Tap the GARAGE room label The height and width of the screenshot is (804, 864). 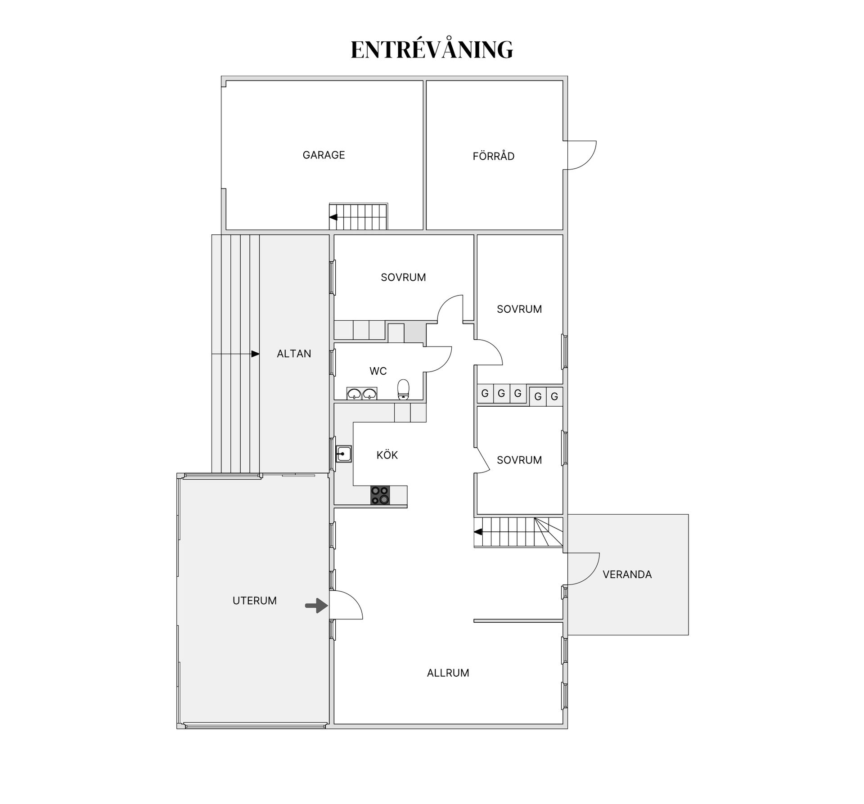324,155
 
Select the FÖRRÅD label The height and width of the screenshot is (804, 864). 493,156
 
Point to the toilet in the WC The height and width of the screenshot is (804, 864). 403,389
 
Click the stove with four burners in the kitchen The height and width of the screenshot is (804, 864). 380,495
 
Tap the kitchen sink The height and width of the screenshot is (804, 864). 344,454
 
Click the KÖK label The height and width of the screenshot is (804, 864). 387,455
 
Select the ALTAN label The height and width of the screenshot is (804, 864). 294,354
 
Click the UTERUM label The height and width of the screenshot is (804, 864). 255,601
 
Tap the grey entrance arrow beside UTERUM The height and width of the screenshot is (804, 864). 316,606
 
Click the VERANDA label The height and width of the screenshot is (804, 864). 627,575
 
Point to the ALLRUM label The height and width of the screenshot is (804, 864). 448,673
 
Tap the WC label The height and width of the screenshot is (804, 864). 378,371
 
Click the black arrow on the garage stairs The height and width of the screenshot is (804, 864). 333,217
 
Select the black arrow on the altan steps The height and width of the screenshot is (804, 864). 255,354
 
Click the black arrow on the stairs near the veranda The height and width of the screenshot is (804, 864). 478,532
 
